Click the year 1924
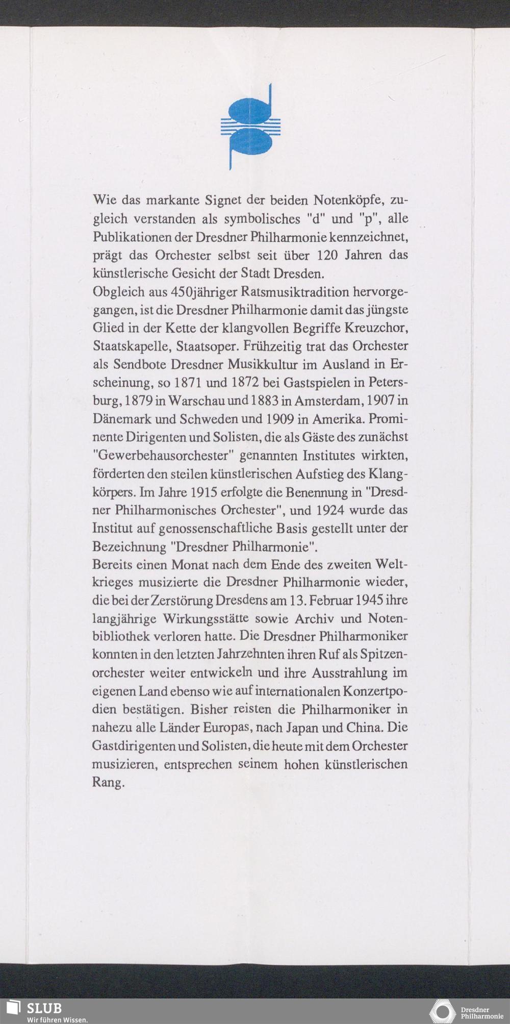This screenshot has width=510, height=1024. click(x=329, y=510)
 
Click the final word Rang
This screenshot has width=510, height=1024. click(x=108, y=782)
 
